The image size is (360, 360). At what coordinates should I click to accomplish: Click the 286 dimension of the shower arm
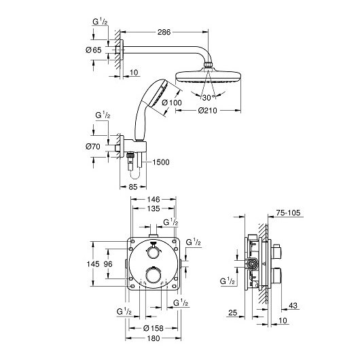[x=164, y=32]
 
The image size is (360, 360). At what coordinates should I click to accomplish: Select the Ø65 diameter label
[x=94, y=50]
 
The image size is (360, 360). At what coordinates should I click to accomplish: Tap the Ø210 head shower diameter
[x=207, y=111]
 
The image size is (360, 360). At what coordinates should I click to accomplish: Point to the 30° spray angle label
[x=209, y=98]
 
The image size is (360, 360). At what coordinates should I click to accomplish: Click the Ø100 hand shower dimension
[x=172, y=103]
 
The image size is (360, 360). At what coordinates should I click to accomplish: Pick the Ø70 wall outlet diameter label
[x=93, y=146]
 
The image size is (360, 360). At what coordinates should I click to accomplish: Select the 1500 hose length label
[x=161, y=162]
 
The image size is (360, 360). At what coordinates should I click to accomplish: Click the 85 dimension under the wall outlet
[x=133, y=187]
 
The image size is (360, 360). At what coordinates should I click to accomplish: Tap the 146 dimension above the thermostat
[x=154, y=199]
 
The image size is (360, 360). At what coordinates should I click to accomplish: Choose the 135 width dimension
[x=154, y=209]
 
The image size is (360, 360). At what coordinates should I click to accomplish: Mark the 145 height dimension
[x=93, y=264]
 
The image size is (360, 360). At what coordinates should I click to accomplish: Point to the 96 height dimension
[x=108, y=264]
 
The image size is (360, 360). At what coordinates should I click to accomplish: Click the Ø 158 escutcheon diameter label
[x=154, y=328]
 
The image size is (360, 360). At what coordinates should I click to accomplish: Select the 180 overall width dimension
[x=154, y=338]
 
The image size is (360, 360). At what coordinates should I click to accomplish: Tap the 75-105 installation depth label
[x=288, y=213]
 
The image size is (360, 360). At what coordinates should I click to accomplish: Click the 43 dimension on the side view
[x=293, y=306]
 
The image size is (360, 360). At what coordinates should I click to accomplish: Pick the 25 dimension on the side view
[x=232, y=312]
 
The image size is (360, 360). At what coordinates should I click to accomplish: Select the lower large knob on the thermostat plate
[x=153, y=274]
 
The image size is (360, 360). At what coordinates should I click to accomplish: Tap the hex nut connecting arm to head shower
[x=209, y=65]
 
